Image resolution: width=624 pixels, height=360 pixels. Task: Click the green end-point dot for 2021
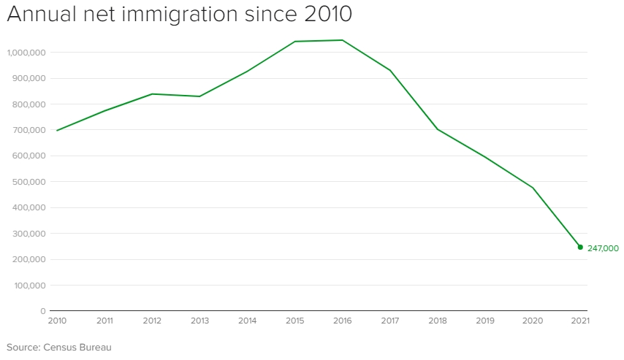tap(580, 247)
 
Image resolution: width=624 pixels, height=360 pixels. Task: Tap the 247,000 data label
tap(603, 248)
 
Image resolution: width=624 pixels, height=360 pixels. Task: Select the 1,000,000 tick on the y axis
tap(26, 53)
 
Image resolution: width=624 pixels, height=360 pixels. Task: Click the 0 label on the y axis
tap(43, 311)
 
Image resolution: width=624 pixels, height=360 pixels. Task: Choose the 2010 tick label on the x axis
tap(56, 321)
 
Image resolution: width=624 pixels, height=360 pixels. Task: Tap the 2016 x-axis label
tap(342, 321)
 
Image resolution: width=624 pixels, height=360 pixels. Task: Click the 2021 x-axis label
tap(580, 321)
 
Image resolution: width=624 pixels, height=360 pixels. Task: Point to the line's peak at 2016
tap(342, 40)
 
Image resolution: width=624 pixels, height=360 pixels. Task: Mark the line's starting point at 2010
tap(56, 131)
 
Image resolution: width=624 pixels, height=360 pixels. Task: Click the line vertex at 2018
tap(438, 129)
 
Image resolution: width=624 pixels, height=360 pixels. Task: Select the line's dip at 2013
tap(199, 96)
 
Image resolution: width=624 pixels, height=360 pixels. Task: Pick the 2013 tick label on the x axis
tap(199, 321)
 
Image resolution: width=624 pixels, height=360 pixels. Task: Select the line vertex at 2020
tap(533, 188)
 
